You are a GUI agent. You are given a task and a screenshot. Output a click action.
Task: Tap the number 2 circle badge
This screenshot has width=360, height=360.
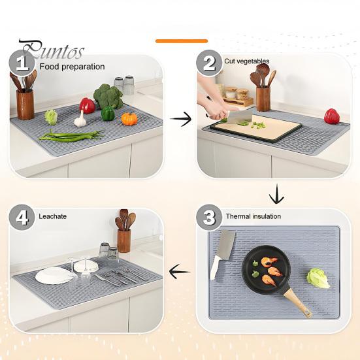[209, 63]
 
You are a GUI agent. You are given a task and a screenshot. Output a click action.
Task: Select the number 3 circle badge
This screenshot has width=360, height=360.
[208, 218]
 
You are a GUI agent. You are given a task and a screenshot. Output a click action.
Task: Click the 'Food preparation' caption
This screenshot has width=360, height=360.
[72, 67]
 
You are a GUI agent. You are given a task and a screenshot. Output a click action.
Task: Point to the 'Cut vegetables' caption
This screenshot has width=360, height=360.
[246, 61]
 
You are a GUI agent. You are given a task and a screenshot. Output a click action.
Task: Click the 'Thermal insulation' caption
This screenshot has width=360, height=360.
[253, 216]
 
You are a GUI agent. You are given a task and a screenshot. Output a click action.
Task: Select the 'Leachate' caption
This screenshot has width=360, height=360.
[53, 216]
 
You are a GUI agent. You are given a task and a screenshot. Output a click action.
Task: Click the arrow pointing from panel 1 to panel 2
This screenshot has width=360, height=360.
[181, 118]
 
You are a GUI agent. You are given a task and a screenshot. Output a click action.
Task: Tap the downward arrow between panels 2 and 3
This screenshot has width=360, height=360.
[276, 194]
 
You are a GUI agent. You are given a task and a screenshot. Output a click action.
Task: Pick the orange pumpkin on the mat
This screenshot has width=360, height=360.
[129, 119]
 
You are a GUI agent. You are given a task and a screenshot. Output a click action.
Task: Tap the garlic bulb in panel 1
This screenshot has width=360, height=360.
[80, 120]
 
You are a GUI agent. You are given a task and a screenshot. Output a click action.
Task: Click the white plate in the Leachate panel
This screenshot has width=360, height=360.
[54, 275]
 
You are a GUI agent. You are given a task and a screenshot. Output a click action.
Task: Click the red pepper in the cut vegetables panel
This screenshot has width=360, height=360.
[332, 116]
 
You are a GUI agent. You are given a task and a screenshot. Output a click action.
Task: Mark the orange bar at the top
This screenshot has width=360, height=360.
[181, 41]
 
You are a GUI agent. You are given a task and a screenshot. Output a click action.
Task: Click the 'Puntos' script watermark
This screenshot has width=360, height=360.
[52, 50]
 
